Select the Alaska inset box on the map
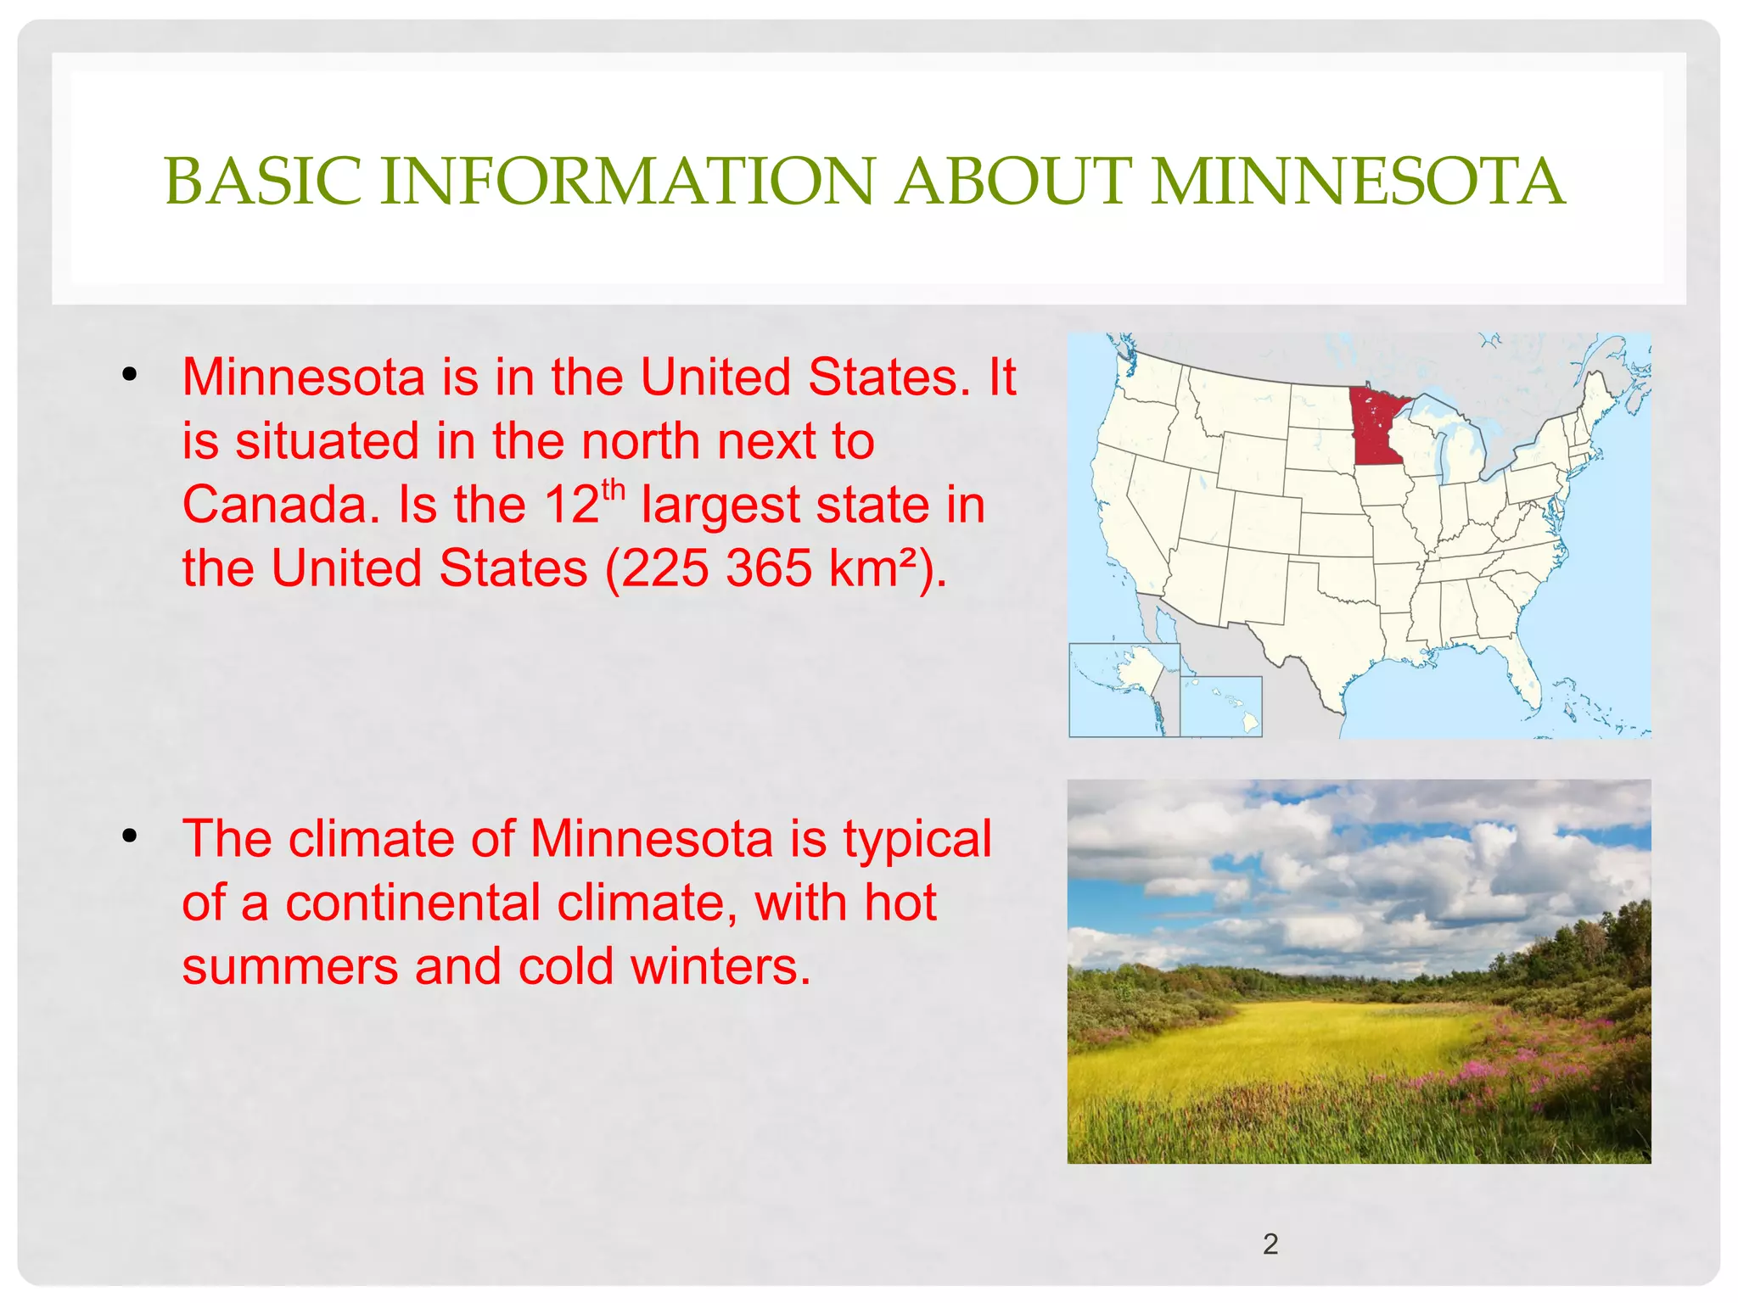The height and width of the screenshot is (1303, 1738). (1124, 690)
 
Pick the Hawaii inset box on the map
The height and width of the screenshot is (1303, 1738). (1221, 706)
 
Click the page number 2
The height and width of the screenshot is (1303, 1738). (1270, 1244)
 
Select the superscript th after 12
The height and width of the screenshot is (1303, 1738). (613, 491)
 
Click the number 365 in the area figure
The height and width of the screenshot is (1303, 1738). (769, 568)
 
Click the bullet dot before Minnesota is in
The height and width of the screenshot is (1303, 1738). (129, 375)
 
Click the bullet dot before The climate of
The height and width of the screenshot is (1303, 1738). (129, 836)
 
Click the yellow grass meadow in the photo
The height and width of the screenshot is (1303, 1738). (1273, 1043)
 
